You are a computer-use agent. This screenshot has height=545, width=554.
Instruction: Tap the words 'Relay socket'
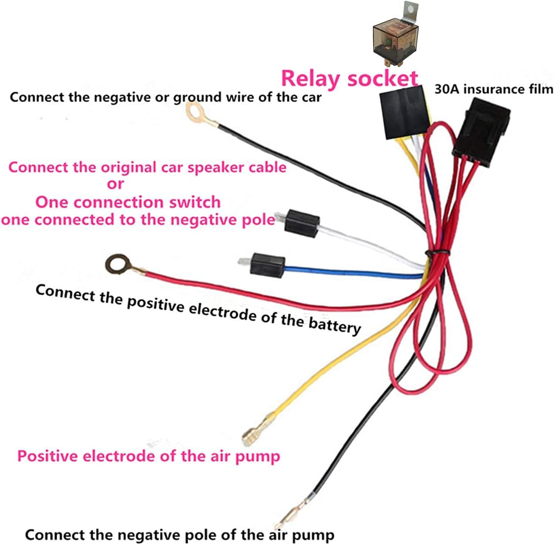[x=350, y=78]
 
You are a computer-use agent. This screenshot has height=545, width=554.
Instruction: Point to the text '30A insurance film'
[x=494, y=89]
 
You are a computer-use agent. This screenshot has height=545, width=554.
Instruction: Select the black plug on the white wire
[x=302, y=222]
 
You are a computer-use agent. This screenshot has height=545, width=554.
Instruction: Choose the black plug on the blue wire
[x=268, y=264]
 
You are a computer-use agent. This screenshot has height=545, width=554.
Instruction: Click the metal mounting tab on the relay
[x=410, y=11]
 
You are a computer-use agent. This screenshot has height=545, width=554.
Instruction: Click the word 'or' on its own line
[x=115, y=184]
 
